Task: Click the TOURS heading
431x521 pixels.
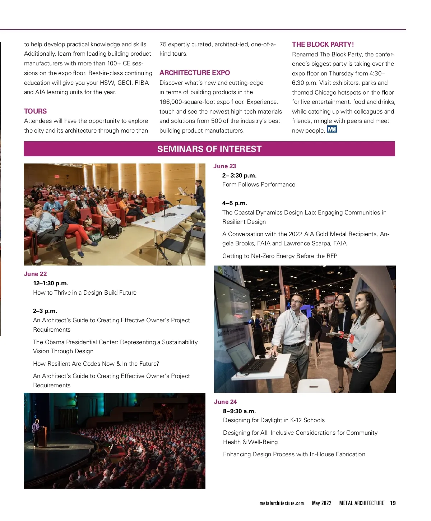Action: pyautogui.click(x=35, y=111)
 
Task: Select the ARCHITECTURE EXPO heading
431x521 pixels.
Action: pyautogui.click(x=195, y=73)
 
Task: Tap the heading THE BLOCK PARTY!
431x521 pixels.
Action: pyautogui.click(x=323, y=44)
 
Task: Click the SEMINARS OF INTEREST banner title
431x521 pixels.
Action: pyautogui.click(x=209, y=149)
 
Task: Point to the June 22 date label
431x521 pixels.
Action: pyautogui.click(x=35, y=274)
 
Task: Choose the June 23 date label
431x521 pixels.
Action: pyautogui.click(x=224, y=166)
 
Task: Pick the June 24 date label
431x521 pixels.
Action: pyautogui.click(x=225, y=402)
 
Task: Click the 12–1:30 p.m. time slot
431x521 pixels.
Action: pyautogui.click(x=51, y=283)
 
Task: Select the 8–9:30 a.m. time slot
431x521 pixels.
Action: pyautogui.click(x=239, y=411)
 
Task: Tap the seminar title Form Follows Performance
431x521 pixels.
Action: pyautogui.click(x=259, y=184)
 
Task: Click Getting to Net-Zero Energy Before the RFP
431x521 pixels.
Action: pyautogui.click(x=280, y=256)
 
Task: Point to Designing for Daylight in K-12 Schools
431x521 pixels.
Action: pyautogui.click(x=274, y=420)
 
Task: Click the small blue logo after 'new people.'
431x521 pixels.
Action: pyautogui.click(x=332, y=129)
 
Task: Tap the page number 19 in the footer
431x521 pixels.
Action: pyautogui.click(x=393, y=503)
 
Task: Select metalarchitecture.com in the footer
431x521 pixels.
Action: pyautogui.click(x=282, y=503)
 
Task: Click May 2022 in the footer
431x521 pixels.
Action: pyautogui.click(x=321, y=503)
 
